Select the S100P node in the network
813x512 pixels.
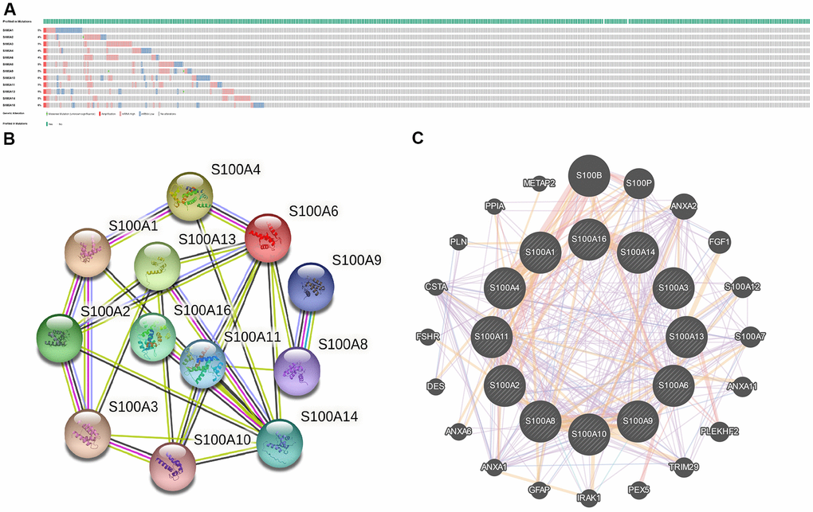638,183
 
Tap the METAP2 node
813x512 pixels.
539,184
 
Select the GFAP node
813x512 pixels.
539,490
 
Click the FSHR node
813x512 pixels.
435,337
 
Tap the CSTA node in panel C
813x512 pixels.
435,286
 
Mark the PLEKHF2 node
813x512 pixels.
719,432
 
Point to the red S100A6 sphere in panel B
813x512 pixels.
269,236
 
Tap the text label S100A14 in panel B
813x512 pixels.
329,416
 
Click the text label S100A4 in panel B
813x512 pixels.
235,170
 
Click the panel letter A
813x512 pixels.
9,9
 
